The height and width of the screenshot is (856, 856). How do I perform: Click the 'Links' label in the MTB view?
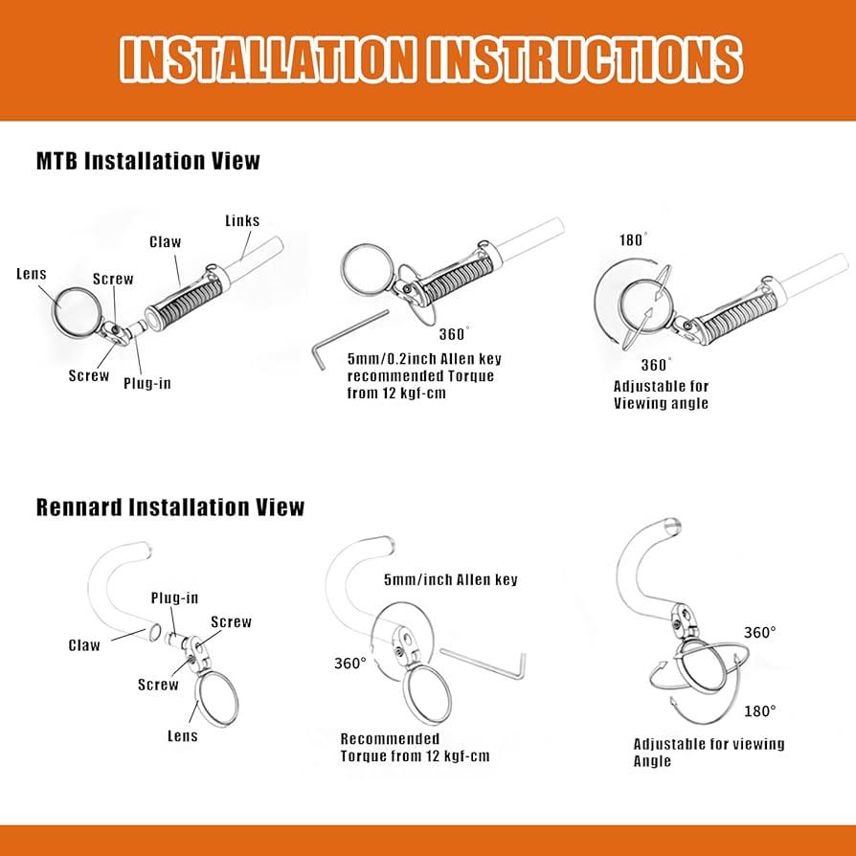click(242, 220)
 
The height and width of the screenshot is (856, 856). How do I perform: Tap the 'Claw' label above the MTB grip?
click(165, 242)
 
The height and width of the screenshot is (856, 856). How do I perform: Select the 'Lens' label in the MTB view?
click(31, 274)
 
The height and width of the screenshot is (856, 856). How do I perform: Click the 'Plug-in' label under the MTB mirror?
click(146, 383)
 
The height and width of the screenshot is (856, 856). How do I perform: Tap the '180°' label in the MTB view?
click(633, 239)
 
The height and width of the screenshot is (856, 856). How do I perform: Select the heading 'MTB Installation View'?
click(148, 161)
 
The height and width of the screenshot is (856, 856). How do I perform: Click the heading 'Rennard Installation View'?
click(169, 507)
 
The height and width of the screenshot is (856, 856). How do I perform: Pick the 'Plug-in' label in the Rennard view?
click(174, 597)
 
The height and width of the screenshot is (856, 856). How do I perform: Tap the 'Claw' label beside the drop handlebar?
click(84, 645)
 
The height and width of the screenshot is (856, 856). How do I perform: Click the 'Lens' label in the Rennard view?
click(182, 735)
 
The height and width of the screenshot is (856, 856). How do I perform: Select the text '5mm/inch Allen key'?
click(450, 580)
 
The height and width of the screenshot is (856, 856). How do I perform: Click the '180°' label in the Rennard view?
click(760, 711)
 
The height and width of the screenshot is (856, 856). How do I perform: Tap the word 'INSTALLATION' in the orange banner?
click(267, 59)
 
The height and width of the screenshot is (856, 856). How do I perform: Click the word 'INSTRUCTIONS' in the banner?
click(585, 59)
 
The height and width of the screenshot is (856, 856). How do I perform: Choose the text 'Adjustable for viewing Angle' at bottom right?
click(709, 753)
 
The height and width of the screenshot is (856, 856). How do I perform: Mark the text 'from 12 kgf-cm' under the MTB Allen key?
click(396, 394)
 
